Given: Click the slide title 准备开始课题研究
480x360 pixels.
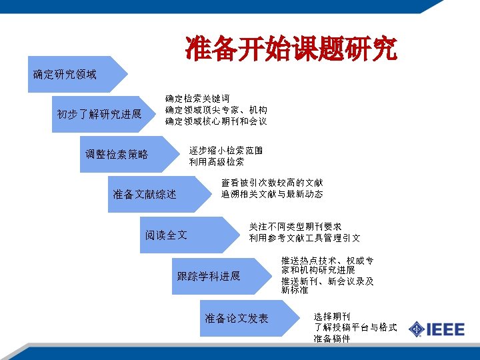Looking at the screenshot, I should (291, 49).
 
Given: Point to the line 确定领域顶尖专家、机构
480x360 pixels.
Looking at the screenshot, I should (216, 110).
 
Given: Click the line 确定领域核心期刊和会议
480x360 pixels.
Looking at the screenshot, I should (216, 121).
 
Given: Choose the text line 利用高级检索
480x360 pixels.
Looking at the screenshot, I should (216, 162).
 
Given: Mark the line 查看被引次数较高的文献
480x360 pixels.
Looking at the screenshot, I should (272, 183).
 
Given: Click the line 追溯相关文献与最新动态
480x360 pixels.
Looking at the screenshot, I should (272, 194).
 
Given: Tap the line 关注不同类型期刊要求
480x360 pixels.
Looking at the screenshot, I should (295, 227).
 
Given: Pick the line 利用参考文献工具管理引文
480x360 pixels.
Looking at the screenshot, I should (305, 238).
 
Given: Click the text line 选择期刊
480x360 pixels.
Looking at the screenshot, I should (332, 316).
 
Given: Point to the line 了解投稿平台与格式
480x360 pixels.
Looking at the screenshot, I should (355, 327).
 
